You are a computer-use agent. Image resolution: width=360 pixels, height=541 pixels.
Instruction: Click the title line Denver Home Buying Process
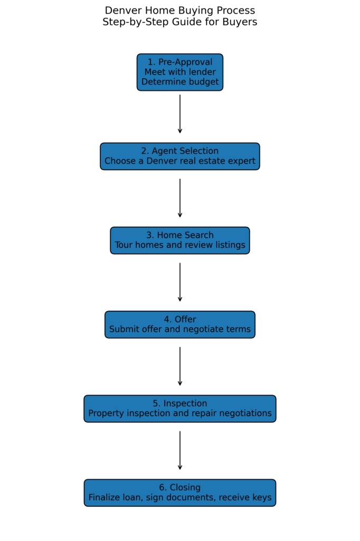[x=179, y=11]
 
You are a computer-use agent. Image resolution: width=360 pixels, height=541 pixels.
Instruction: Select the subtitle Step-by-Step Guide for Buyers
[x=179, y=22]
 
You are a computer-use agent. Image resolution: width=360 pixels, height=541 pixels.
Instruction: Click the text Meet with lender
[x=179, y=72]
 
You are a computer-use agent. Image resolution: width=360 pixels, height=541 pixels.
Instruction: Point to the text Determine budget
[x=179, y=82]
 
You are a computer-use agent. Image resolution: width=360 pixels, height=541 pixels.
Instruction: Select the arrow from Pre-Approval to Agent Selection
[x=180, y=114]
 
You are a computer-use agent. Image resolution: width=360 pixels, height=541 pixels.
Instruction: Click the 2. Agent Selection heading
[x=179, y=151]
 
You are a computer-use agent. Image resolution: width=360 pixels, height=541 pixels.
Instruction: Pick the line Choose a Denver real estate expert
[x=179, y=161]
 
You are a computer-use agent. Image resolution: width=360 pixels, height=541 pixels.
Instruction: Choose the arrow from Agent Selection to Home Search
[x=180, y=198]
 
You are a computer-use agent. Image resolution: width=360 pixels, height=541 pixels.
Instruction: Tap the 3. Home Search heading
[x=179, y=235]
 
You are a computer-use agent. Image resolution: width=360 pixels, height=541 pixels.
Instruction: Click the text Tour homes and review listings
[x=179, y=245]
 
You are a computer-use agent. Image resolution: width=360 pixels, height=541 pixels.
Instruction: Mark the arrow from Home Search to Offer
[x=180, y=282]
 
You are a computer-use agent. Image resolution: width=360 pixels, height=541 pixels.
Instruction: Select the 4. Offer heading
[x=179, y=320]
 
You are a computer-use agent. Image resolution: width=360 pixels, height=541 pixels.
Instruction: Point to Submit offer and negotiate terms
[x=179, y=330]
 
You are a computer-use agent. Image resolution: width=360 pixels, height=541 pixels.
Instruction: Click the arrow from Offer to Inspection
[x=180, y=366]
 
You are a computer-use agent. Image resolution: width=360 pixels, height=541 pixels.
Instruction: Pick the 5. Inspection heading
[x=179, y=404]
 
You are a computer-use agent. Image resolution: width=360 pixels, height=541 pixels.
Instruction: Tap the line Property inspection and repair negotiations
[x=179, y=414]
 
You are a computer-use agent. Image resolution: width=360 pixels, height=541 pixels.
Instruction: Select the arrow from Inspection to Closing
[x=180, y=450]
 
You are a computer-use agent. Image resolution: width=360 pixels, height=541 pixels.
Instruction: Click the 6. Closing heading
[x=179, y=488]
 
